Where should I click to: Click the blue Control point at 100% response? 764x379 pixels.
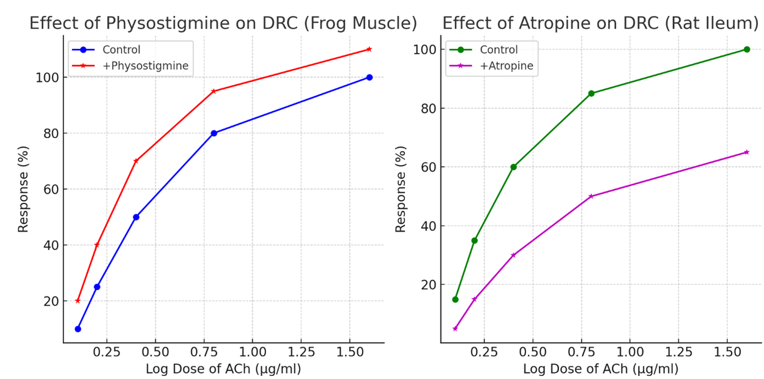tap(369, 78)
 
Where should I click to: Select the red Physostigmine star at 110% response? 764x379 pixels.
tap(369, 50)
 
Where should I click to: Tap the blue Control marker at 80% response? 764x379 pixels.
tap(213, 133)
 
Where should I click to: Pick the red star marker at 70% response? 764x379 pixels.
tap(136, 161)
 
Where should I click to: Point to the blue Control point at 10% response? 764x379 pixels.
tap(78, 329)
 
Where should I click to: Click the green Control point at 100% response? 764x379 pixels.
tap(746, 50)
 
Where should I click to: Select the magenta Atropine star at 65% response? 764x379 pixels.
tap(746, 152)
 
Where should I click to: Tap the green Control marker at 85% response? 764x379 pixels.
tap(591, 94)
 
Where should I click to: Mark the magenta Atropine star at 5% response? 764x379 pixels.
tap(455, 329)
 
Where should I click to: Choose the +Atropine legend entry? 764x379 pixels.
tap(506, 65)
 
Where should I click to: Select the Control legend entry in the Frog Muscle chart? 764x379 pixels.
tap(121, 50)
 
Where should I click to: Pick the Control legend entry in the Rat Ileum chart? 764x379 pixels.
tap(499, 50)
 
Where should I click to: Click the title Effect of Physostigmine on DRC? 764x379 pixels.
tap(223, 23)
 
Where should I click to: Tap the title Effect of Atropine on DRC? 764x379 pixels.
tap(600, 23)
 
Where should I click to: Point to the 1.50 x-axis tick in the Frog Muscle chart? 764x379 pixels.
tap(349, 353)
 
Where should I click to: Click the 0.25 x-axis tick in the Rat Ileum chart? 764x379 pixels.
tap(484, 353)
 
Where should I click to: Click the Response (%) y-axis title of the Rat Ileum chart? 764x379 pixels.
tap(401, 189)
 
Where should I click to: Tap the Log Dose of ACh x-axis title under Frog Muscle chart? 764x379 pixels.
tap(223, 369)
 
